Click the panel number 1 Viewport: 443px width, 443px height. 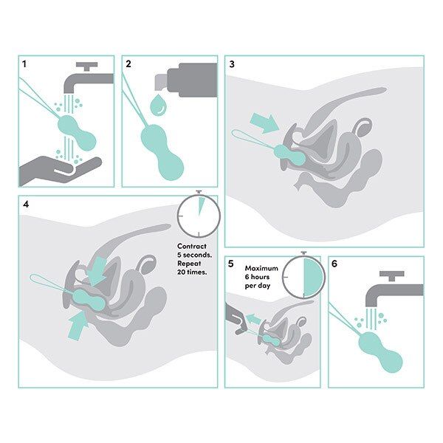tap(24, 65)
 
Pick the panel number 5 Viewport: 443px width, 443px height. tap(231, 264)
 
